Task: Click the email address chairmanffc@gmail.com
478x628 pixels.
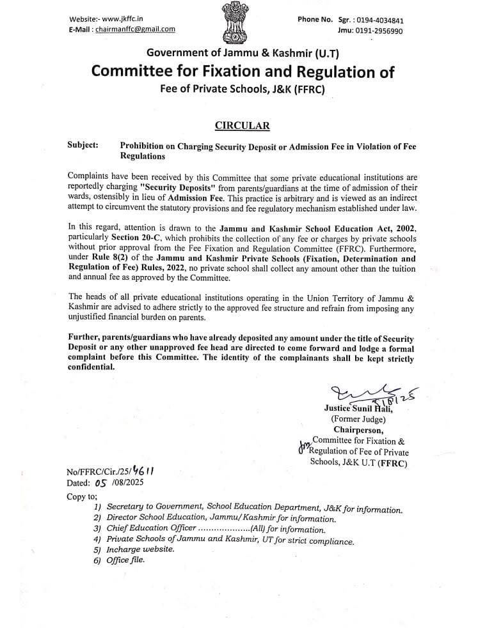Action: [135, 29]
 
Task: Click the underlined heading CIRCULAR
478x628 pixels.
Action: [242, 125]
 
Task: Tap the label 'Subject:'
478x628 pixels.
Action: [83, 146]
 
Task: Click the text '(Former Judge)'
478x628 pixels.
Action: [358, 419]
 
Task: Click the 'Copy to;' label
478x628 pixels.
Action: [83, 496]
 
